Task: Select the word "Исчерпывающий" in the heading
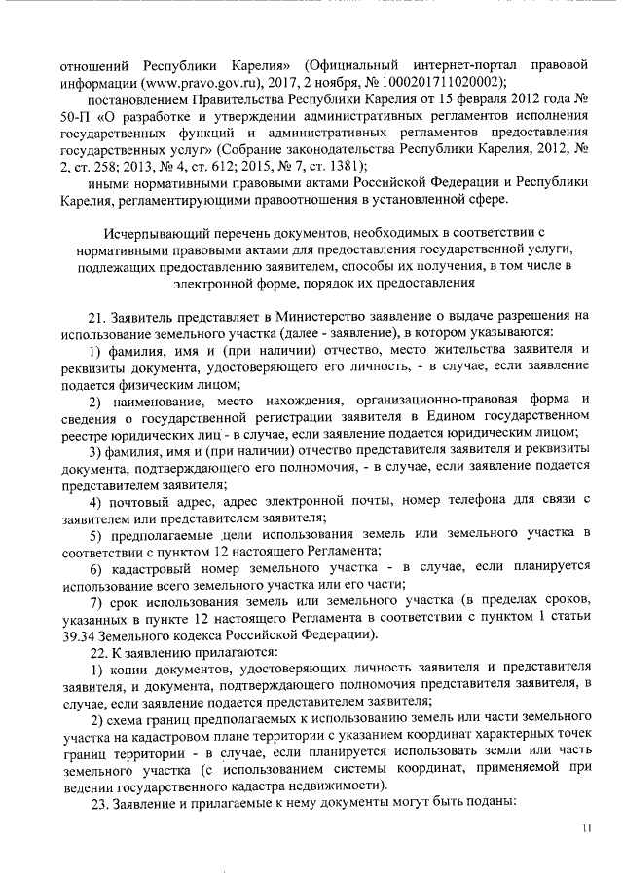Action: [x=156, y=235]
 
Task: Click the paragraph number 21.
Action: [x=96, y=317]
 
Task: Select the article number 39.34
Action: [x=78, y=634]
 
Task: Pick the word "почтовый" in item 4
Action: [x=141, y=501]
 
